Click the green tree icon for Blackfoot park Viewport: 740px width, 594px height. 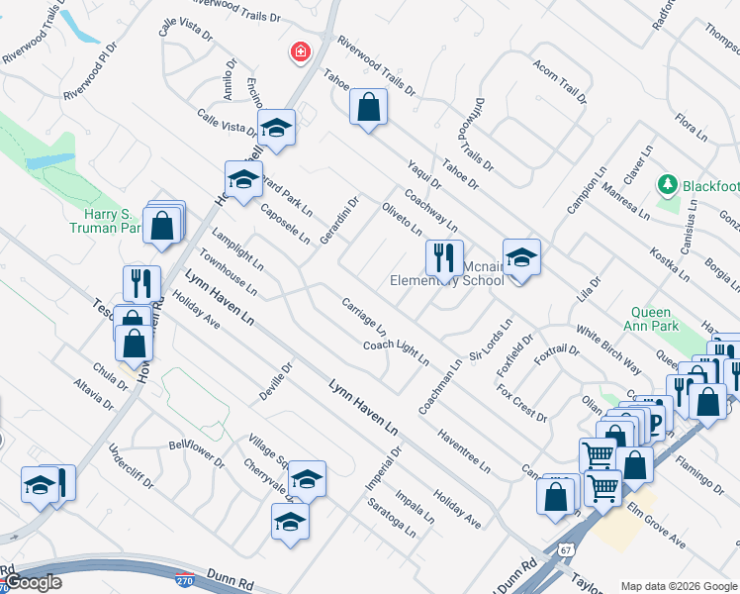click(668, 185)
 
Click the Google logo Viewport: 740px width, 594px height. click(33, 582)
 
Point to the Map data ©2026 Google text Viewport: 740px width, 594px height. click(678, 586)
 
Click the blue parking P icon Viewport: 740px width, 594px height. click(655, 425)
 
